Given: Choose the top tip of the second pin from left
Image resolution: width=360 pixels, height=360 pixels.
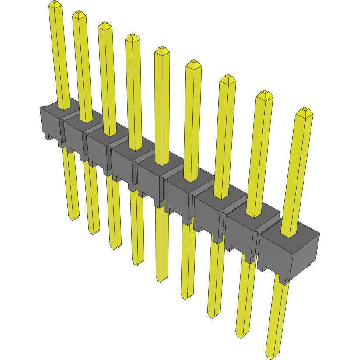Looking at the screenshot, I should pos(79,14).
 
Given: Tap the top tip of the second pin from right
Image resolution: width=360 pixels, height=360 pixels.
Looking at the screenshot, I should pos(264,94).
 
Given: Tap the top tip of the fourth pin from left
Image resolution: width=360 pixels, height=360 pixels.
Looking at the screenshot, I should pos(132,37).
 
